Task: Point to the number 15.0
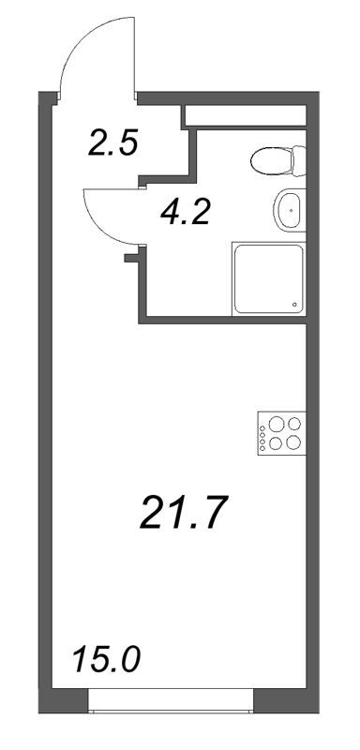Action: [x=105, y=659]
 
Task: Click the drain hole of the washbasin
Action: [x=292, y=210]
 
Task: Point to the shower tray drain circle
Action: [x=296, y=304]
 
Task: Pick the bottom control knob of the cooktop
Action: [x=262, y=447]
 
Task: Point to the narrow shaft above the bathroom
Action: [x=245, y=115]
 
